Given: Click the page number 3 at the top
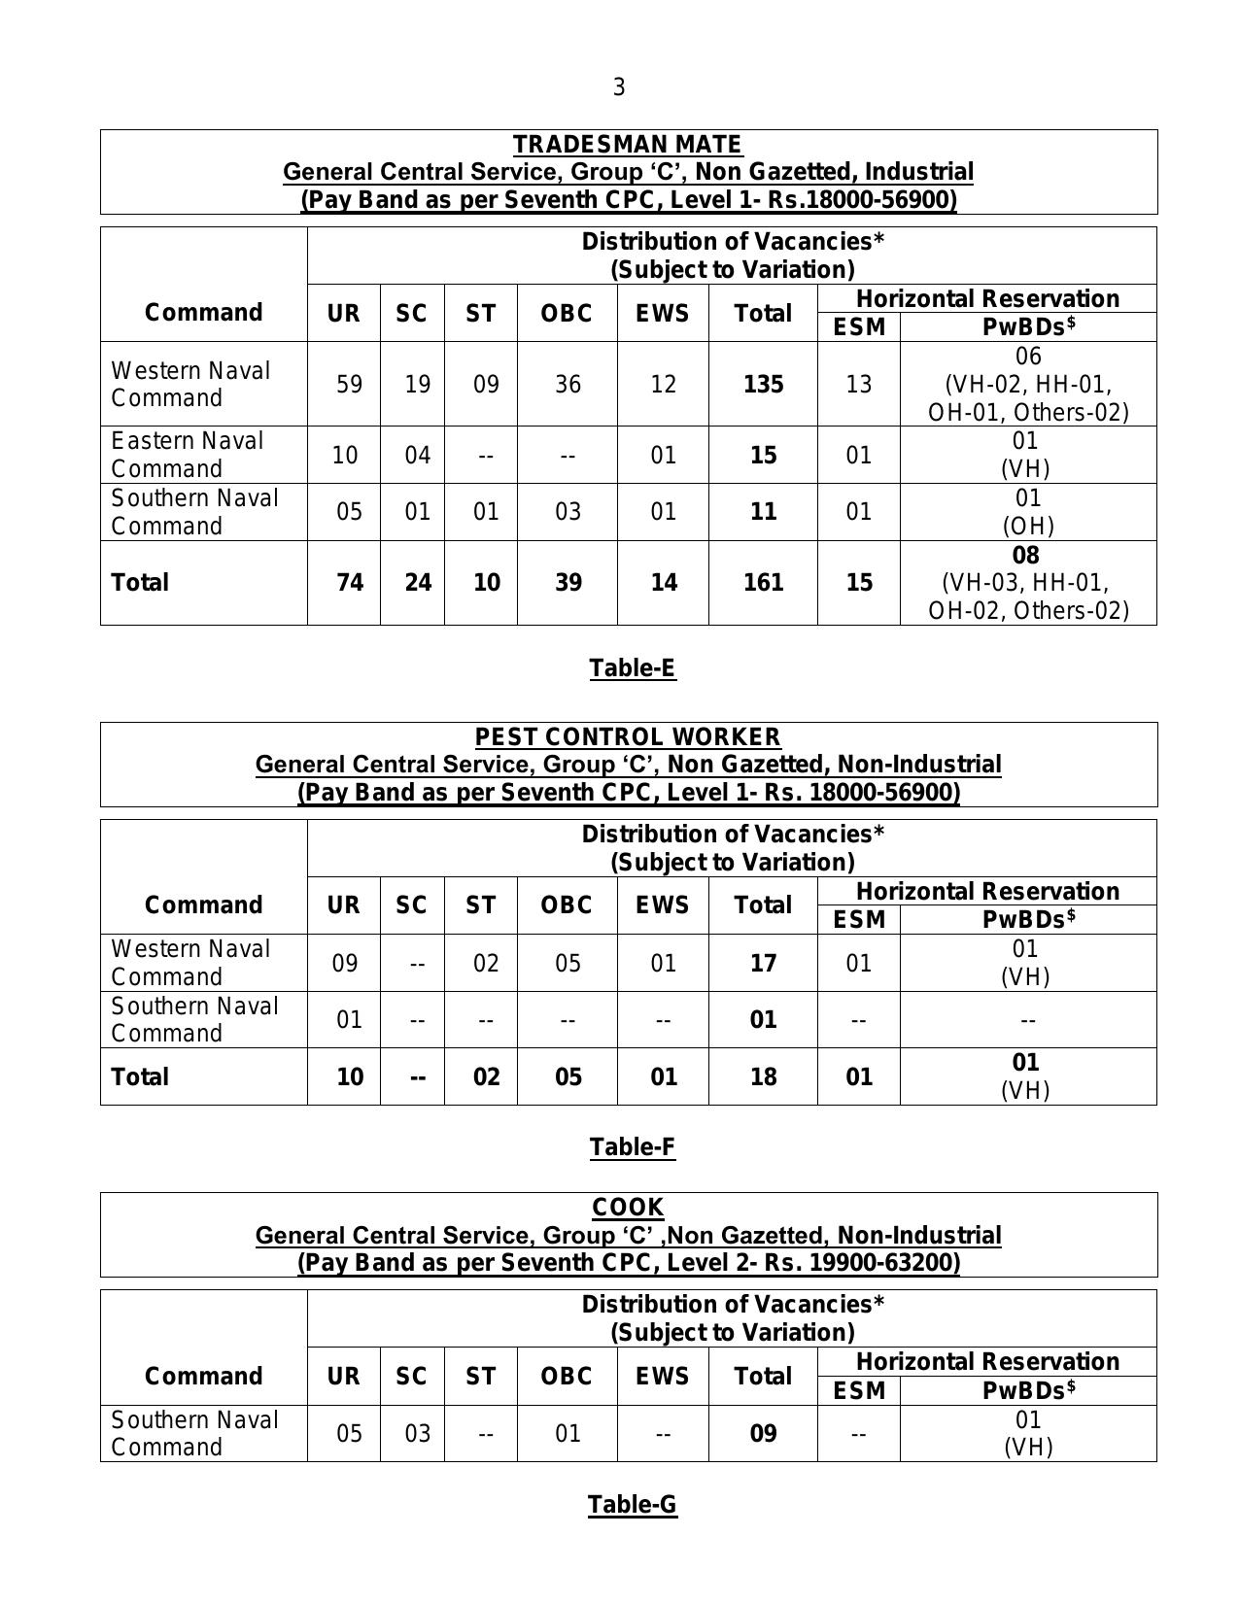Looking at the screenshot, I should (619, 87).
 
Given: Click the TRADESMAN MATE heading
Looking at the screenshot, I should (628, 145).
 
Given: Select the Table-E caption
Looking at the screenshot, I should (632, 667).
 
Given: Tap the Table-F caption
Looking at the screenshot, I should (632, 1146).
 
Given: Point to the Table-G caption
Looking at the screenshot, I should (632, 1504).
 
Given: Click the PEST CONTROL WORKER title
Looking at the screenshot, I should (628, 737).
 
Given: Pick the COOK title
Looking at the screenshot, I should (628, 1208).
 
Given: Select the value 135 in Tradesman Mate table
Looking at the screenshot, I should (763, 384).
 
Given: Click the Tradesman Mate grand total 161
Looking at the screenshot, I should (763, 582).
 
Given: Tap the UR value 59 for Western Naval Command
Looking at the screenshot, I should (349, 384).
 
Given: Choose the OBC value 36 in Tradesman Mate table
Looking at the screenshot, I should (568, 384).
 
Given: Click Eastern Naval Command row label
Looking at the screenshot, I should (187, 455).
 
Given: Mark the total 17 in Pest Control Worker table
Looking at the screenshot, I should (763, 963).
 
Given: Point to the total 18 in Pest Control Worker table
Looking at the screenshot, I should (763, 1076).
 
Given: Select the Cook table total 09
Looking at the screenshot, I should (763, 1433).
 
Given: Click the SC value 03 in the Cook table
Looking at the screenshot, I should (417, 1433).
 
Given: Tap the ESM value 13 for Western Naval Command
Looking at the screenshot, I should (859, 384).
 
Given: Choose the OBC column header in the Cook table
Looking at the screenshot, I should (567, 1376).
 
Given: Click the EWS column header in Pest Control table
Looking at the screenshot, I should (663, 904).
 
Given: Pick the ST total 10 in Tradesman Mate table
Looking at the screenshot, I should (486, 582).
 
